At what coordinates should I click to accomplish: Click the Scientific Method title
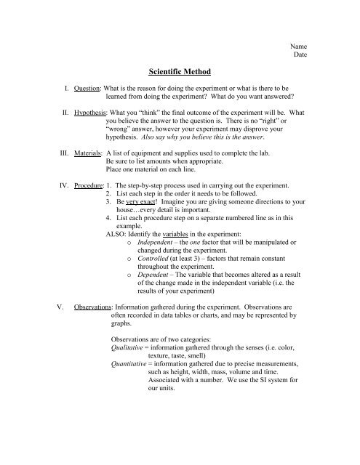180,74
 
